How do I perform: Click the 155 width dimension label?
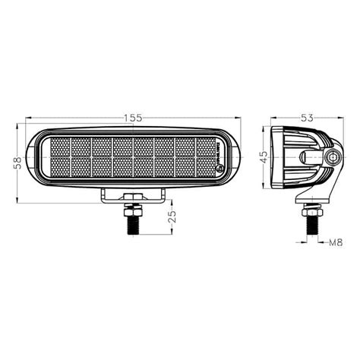coord(134,118)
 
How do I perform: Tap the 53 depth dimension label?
coord(307,118)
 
